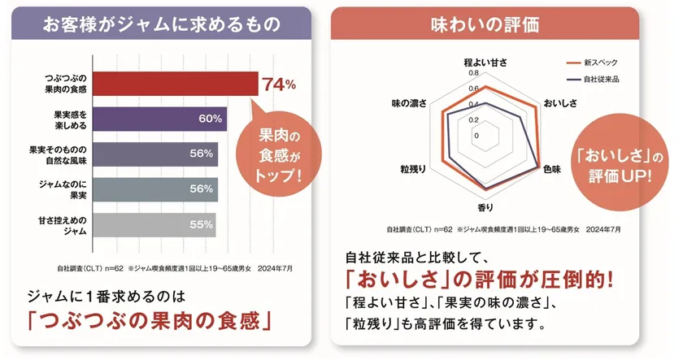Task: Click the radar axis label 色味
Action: pyautogui.click(x=553, y=167)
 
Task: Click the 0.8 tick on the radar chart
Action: pyautogui.click(x=474, y=72)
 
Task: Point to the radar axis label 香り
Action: pyautogui.click(x=485, y=208)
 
